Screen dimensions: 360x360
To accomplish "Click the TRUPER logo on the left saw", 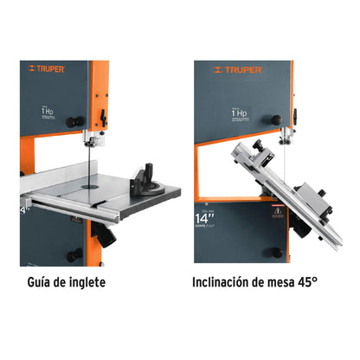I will (x=45, y=68).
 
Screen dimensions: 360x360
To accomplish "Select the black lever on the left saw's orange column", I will (x=105, y=115).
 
